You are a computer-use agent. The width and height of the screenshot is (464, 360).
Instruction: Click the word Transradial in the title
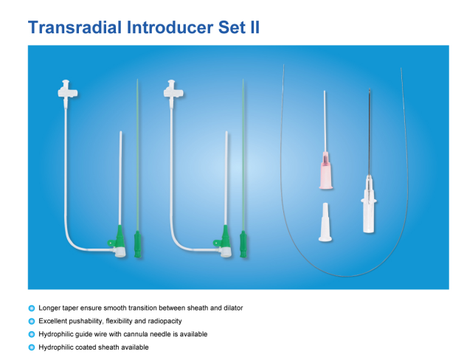75,27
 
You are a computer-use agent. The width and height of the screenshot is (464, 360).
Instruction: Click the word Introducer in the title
170,27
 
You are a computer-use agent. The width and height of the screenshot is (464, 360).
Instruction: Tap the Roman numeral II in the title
254,27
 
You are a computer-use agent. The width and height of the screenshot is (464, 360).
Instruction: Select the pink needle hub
326,170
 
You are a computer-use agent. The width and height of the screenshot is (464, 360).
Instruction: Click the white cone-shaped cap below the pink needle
325,222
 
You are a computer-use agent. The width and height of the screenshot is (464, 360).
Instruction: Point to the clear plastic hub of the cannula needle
368,204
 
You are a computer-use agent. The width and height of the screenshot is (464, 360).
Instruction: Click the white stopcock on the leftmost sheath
67,91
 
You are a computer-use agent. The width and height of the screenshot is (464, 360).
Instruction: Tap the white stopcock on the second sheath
173,91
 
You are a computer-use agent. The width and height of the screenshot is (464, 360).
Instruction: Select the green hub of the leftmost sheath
118,240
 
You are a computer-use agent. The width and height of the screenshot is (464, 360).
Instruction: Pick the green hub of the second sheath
224,240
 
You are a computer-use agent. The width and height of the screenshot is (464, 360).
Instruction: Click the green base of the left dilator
138,243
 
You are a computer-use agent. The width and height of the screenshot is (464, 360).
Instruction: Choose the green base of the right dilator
243,243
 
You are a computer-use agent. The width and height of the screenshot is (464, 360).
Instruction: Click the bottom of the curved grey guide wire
346,277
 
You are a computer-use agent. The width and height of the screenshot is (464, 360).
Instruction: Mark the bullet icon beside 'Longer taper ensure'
32,308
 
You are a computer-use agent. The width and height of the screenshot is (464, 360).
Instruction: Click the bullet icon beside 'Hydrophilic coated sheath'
32,347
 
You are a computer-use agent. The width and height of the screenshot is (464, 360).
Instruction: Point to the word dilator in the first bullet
233,308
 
